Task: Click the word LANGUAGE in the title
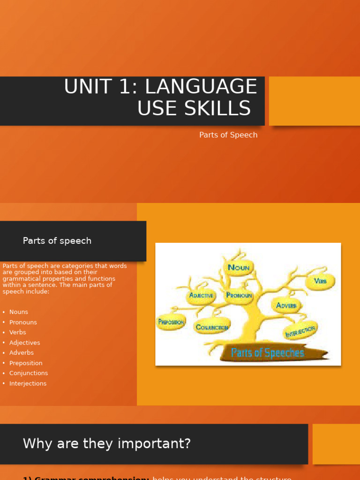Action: click(x=201, y=87)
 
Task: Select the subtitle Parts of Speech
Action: click(x=228, y=135)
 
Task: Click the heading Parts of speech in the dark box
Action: click(x=57, y=241)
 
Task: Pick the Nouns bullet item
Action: click(x=19, y=312)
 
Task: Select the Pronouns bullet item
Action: click(x=23, y=322)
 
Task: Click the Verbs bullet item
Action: click(x=18, y=332)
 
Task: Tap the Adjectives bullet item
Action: click(x=25, y=343)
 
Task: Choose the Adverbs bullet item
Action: click(x=22, y=353)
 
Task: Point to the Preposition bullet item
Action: click(x=26, y=363)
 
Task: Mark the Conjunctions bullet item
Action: click(x=29, y=373)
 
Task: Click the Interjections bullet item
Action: click(x=28, y=383)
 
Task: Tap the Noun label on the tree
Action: click(x=239, y=268)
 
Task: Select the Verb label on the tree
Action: click(x=320, y=281)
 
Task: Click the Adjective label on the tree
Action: click(x=201, y=296)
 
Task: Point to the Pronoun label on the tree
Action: click(x=239, y=295)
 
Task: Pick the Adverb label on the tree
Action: click(x=286, y=306)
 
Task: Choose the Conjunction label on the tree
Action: click(x=212, y=327)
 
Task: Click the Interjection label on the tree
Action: click(x=300, y=330)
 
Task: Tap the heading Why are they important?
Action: click(x=107, y=443)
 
